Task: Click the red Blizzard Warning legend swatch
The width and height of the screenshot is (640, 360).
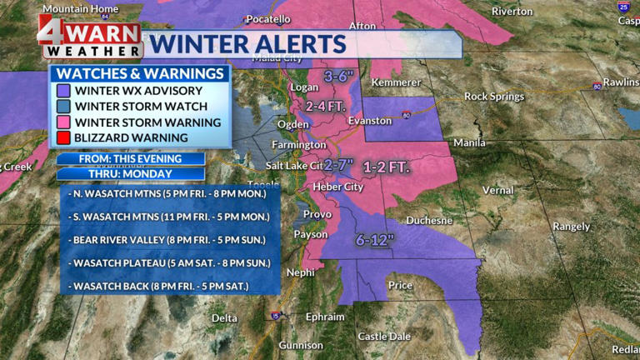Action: click(x=63, y=137)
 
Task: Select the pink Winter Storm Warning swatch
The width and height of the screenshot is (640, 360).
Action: click(x=63, y=122)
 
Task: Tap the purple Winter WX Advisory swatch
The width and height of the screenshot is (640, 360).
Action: click(x=63, y=90)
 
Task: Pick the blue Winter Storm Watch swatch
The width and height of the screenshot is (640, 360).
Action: click(x=63, y=106)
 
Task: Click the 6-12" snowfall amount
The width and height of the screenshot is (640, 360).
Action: click(x=374, y=239)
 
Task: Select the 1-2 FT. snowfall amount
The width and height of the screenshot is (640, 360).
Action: click(x=387, y=167)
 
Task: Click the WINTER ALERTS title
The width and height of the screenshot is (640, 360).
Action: click(x=247, y=44)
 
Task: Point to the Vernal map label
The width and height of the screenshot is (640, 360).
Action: click(x=497, y=190)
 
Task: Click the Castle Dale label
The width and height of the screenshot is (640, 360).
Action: click(x=383, y=336)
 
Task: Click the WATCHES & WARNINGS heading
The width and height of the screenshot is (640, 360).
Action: click(x=140, y=73)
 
